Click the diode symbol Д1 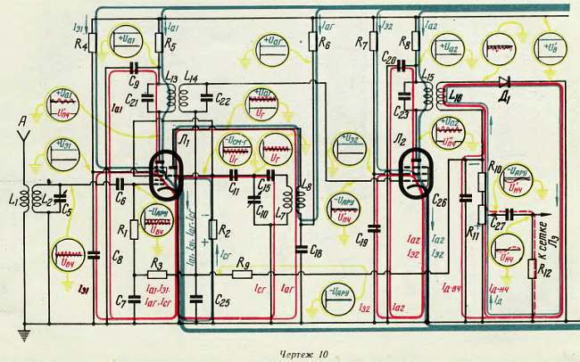point(505,81)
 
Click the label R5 point(170,44)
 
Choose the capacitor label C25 point(224,300)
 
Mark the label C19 point(361,240)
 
